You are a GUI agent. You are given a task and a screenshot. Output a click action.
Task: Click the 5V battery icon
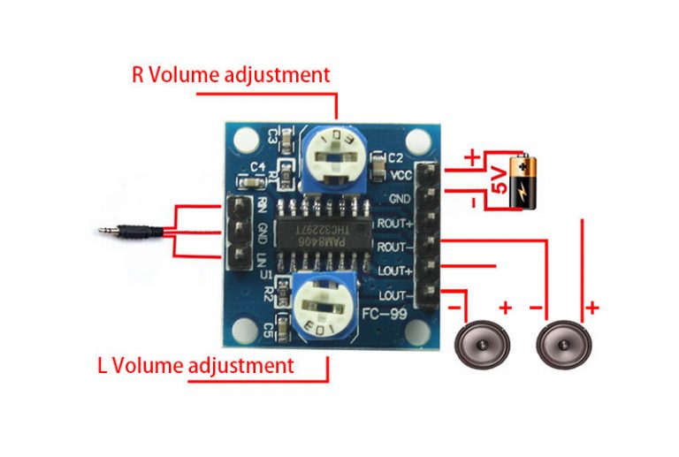[x=524, y=182]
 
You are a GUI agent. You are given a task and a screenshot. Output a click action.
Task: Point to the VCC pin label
[x=401, y=175]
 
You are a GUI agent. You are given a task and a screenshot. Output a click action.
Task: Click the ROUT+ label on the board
[x=395, y=223]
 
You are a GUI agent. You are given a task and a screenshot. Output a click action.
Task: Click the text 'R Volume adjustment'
[x=231, y=74]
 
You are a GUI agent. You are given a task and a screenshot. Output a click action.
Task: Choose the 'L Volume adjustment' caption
[x=195, y=364]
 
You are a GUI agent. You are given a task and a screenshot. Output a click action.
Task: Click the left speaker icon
[x=483, y=344]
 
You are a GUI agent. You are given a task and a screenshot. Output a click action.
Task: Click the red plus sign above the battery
[x=472, y=157]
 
